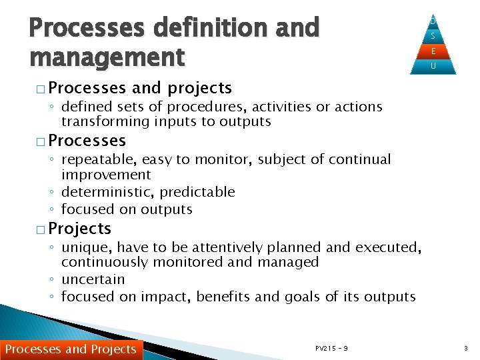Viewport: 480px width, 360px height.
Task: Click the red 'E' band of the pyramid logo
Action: [x=433, y=51]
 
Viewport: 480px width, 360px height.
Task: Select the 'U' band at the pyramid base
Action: [x=433, y=66]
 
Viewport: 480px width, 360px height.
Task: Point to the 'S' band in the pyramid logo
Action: [x=433, y=36]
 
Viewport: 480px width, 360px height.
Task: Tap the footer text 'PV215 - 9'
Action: [x=331, y=348]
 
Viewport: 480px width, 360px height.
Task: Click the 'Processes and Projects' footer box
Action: [x=71, y=349]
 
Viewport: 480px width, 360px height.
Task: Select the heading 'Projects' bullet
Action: [x=80, y=229]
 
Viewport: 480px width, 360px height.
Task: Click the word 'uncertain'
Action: [x=93, y=279]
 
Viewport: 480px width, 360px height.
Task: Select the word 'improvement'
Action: [x=106, y=175]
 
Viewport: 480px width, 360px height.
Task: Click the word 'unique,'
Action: [x=83, y=247]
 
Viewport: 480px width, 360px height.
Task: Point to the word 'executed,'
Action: [x=389, y=247]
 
